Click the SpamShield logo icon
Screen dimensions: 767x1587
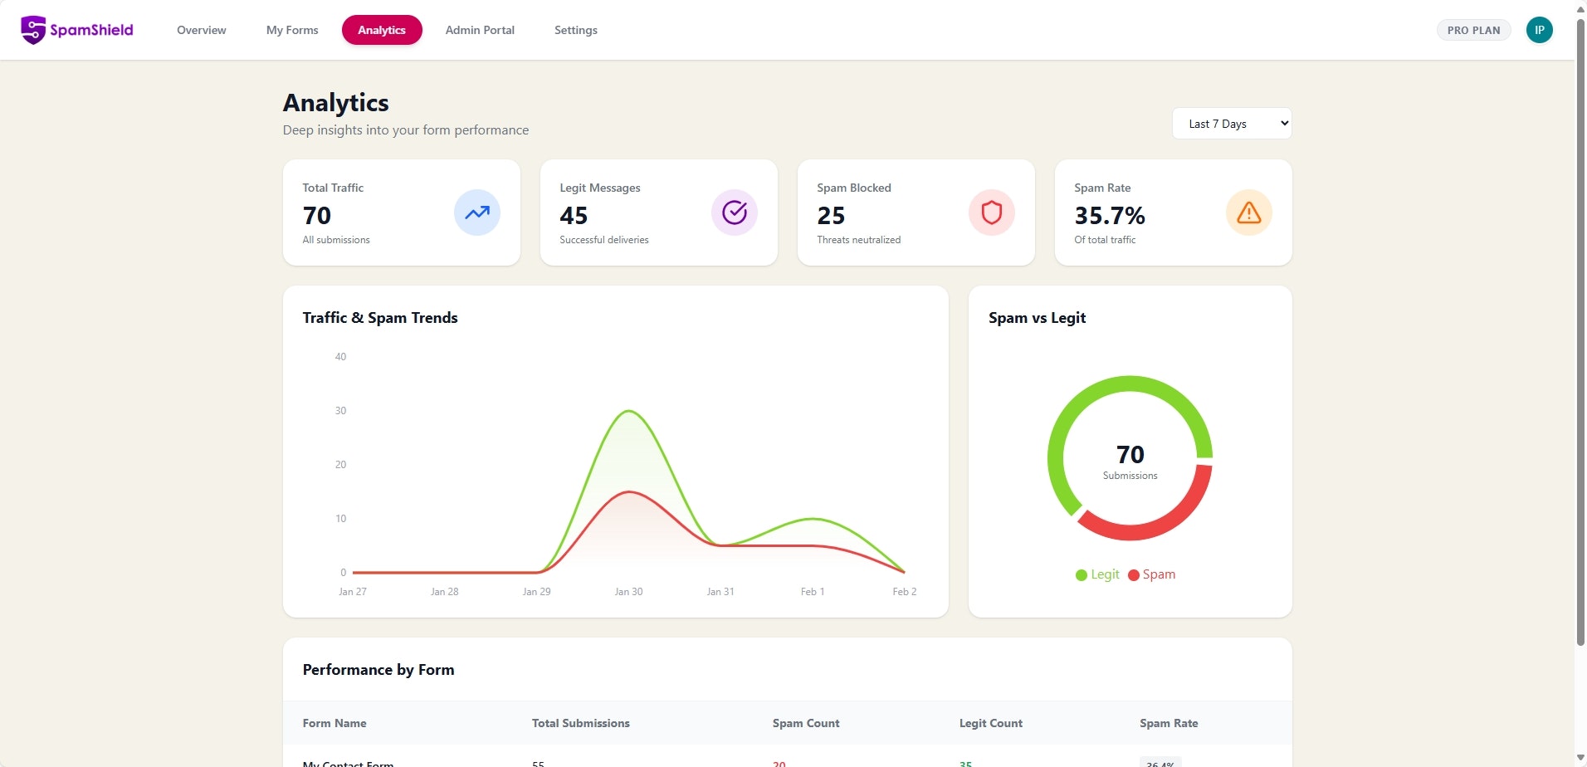33,30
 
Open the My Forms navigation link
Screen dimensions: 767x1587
292,30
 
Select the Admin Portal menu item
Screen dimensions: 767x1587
480,30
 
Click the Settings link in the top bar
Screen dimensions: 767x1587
575,30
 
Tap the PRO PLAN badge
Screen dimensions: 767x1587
1473,30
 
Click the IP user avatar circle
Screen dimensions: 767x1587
1539,30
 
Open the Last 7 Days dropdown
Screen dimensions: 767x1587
1231,124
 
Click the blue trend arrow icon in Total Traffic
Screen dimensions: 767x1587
476,213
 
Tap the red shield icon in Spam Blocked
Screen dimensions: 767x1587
991,213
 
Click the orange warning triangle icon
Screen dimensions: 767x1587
1248,213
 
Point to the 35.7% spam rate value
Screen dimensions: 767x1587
1109,216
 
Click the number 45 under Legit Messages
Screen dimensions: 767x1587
574,216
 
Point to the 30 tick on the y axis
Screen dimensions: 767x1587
340,411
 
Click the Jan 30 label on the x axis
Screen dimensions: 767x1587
628,592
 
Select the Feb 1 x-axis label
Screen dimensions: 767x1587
812,592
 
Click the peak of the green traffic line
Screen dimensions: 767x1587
629,411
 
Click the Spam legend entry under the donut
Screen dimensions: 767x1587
1152,574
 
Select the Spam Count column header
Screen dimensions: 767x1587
805,723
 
